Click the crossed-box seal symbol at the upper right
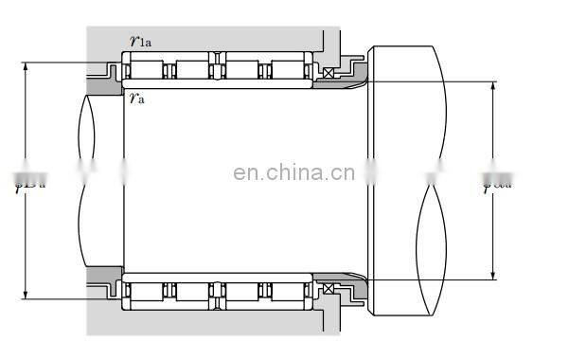click(x=329, y=74)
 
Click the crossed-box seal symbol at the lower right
click(x=329, y=289)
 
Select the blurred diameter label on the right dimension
click(x=498, y=180)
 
